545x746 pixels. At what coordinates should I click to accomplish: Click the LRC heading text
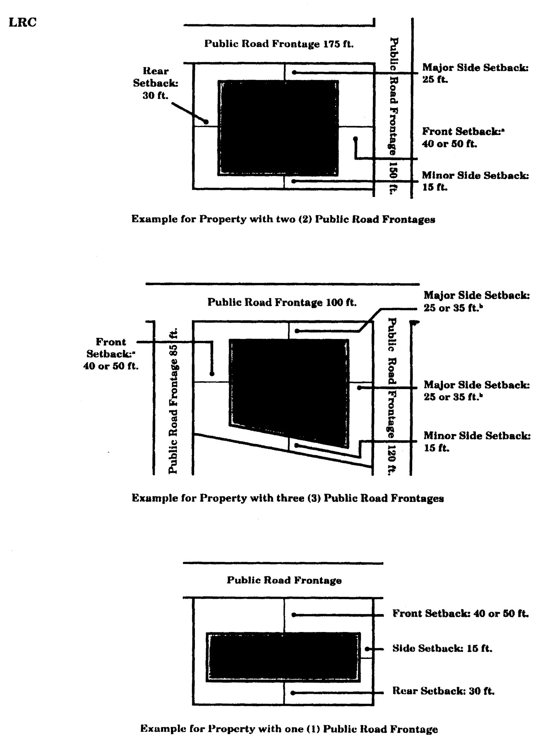[x=22, y=22]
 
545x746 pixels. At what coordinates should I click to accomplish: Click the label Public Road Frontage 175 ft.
[x=279, y=44]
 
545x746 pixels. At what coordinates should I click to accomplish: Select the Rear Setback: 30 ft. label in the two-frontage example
[x=156, y=83]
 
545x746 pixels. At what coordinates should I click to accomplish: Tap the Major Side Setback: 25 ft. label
[x=475, y=73]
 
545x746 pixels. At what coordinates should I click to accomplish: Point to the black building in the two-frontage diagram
[x=278, y=127]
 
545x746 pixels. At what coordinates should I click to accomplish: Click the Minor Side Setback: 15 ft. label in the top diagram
[x=475, y=181]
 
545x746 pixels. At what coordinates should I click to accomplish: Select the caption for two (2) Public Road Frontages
[x=283, y=219]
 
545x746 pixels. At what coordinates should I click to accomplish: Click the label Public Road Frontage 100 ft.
[x=282, y=302]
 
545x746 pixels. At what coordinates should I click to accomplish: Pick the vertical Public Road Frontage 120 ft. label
[x=392, y=396]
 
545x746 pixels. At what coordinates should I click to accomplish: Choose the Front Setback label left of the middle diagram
[x=111, y=354]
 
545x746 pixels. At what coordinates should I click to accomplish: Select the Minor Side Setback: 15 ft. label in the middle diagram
[x=477, y=441]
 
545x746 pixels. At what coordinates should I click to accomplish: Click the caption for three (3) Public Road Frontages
[x=288, y=498]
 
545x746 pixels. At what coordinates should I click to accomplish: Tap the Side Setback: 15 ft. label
[x=442, y=648]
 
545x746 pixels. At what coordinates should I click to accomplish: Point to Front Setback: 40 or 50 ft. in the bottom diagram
[x=460, y=613]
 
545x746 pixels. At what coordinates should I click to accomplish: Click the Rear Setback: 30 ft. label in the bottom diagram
[x=443, y=691]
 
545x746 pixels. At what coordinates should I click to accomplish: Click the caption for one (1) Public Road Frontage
[x=289, y=729]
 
